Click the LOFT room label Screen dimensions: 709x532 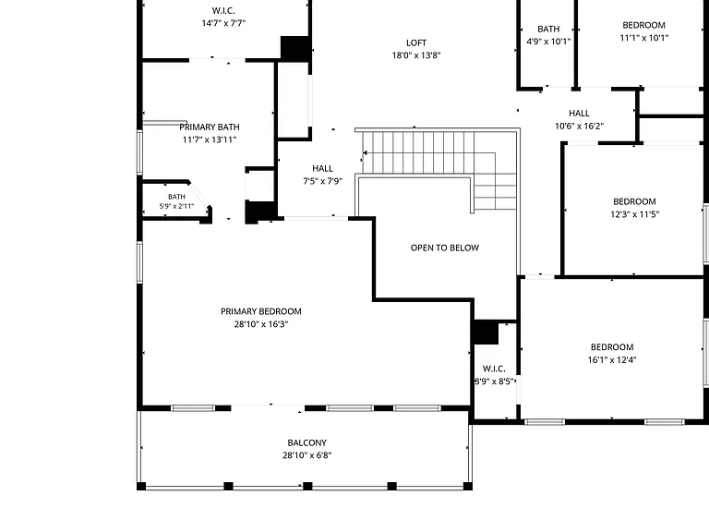[x=416, y=43]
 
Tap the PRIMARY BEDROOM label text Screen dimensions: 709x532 [x=261, y=311]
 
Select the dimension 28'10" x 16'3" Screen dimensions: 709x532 [x=261, y=324]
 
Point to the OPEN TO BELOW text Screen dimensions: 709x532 [x=444, y=248]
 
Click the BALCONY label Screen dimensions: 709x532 [x=307, y=443]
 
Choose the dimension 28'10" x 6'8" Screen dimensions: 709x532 [x=307, y=455]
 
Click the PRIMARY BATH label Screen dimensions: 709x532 [x=210, y=127]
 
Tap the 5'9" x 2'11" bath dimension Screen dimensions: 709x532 [x=176, y=206]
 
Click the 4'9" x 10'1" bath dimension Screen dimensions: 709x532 [x=548, y=42]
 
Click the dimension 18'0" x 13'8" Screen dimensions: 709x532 [x=416, y=55]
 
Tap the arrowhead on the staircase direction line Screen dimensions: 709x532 [x=365, y=153]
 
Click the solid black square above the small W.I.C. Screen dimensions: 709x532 [x=485, y=332]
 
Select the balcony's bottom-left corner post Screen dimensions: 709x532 [x=141, y=487]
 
